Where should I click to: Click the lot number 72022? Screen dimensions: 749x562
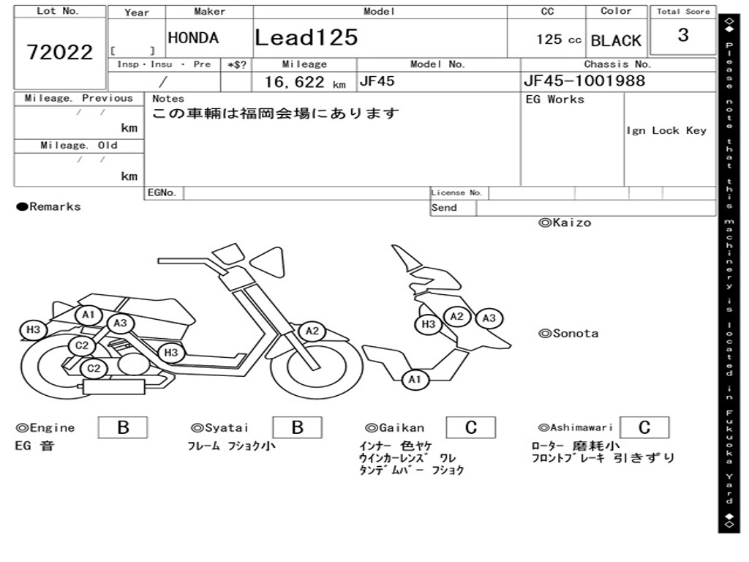tap(60, 52)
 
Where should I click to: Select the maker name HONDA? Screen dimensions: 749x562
tap(193, 38)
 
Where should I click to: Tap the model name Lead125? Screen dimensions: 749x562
tap(306, 37)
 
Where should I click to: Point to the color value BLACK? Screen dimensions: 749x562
tap(616, 41)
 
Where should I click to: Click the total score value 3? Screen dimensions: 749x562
tap(683, 35)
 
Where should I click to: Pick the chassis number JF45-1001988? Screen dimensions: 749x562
tap(584, 80)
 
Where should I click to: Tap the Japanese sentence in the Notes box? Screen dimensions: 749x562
tap(276, 114)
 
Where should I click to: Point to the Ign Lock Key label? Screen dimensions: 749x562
tap(666, 130)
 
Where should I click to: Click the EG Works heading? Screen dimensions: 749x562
tap(555, 100)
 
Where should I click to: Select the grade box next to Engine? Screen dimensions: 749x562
tap(123, 427)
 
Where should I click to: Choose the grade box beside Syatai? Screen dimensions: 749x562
tap(297, 427)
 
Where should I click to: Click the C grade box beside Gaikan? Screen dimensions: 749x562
tap(470, 427)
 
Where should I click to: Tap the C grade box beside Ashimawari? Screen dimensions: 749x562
tap(644, 427)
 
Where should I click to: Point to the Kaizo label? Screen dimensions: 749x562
tap(565, 222)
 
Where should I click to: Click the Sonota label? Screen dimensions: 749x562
tap(568, 334)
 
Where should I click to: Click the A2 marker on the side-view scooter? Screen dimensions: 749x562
tap(312, 331)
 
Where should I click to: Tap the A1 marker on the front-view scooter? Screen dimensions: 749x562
tap(415, 379)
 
